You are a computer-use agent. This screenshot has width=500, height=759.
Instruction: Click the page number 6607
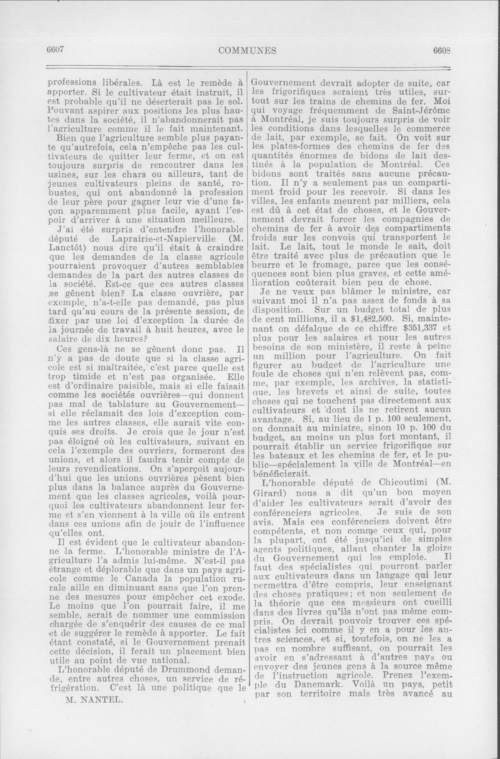[x=56, y=50]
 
